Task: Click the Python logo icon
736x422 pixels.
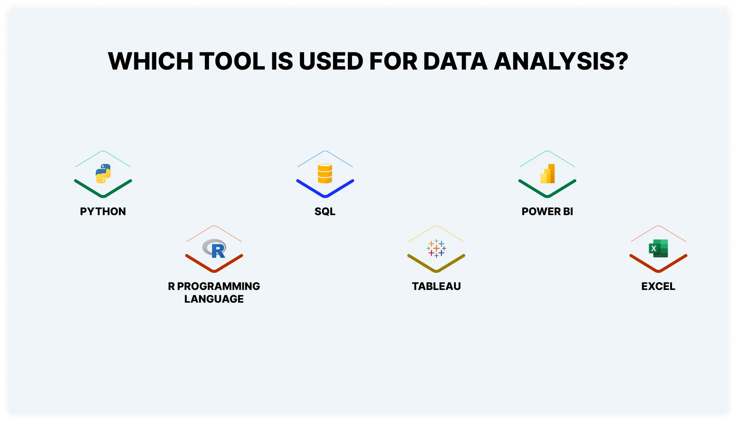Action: click(x=103, y=174)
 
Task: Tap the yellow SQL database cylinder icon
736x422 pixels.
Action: click(x=325, y=174)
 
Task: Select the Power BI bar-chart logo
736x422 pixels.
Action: click(x=548, y=174)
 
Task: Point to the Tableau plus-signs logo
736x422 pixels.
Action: click(x=436, y=248)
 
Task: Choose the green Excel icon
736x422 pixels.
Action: click(x=658, y=248)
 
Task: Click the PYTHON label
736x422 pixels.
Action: click(x=103, y=211)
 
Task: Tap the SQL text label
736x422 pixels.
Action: click(x=325, y=211)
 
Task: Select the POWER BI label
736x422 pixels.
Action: click(x=547, y=211)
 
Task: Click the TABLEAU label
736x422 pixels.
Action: click(x=436, y=286)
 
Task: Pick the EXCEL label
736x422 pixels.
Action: click(x=658, y=286)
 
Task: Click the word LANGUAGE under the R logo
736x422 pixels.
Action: click(x=214, y=299)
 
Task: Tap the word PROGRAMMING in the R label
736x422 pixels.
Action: click(x=218, y=286)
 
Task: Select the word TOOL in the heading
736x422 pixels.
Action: click(x=232, y=61)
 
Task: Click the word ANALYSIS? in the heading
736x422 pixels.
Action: click(x=561, y=61)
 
